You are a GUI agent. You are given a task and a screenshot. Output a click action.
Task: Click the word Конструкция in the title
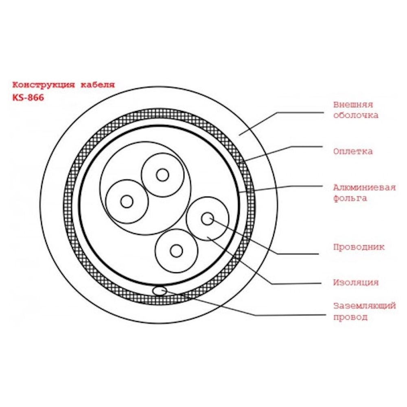(x=44, y=85)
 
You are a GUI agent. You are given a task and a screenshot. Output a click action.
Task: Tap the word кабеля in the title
(x=98, y=85)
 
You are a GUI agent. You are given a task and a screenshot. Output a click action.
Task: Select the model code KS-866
(x=28, y=98)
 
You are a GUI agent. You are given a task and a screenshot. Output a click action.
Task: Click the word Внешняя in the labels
(x=353, y=105)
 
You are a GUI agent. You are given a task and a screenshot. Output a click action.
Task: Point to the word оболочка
(x=356, y=115)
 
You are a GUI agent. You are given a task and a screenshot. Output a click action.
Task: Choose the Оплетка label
(x=353, y=151)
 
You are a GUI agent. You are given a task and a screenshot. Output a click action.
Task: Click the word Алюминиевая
(x=364, y=187)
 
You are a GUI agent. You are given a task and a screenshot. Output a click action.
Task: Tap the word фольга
(x=350, y=198)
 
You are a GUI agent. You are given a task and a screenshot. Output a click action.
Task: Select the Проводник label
(x=359, y=247)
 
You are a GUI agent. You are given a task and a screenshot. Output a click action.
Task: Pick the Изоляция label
(x=356, y=282)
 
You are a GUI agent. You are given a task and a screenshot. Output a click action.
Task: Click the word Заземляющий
(x=364, y=306)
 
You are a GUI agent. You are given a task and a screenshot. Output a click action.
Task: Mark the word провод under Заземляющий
(x=350, y=317)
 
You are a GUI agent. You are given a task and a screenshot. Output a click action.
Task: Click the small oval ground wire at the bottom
(x=160, y=291)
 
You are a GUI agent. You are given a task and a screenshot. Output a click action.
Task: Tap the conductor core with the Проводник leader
(x=207, y=219)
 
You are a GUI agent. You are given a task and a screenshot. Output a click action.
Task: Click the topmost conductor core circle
(x=162, y=175)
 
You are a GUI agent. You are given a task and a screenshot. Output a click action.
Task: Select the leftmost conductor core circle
(x=127, y=201)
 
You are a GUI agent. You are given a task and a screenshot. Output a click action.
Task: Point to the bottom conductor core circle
(x=177, y=251)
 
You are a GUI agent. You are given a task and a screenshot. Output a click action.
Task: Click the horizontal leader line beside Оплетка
(x=306, y=147)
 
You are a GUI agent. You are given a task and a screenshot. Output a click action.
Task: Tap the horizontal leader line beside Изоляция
(x=296, y=283)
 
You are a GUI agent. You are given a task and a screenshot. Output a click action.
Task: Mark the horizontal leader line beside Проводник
(x=298, y=254)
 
